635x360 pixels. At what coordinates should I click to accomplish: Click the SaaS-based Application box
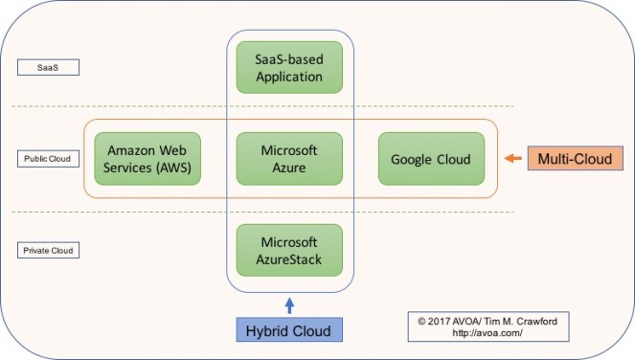tap(288, 66)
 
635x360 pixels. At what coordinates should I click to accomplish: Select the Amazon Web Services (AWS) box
tap(147, 158)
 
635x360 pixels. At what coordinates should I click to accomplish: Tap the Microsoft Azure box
tap(288, 158)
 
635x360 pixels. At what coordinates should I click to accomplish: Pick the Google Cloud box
tap(429, 158)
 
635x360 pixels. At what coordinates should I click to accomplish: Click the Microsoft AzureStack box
tap(288, 249)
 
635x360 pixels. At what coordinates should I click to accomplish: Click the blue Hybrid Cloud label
tap(288, 330)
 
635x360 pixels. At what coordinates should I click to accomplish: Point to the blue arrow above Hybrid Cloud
tap(288, 305)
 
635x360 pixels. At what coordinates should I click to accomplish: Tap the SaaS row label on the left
tap(47, 68)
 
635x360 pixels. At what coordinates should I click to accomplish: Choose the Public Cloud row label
tap(47, 159)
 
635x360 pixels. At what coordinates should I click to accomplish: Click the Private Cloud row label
tap(47, 251)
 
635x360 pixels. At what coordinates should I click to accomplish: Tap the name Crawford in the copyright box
tap(541, 321)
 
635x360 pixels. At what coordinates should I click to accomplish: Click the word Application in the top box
tap(288, 75)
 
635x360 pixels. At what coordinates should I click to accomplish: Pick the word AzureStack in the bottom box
tap(288, 258)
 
